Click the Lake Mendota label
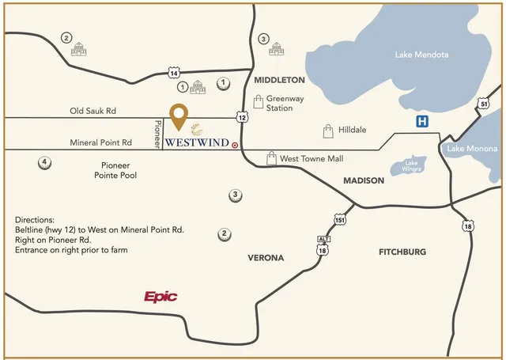[421, 55]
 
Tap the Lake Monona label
[471, 149]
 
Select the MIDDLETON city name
[279, 80]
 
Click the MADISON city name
[364, 180]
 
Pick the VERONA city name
[266, 258]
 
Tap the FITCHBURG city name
[402, 252]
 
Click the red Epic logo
[160, 297]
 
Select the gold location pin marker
[180, 117]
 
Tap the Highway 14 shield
[174, 73]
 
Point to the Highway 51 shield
[484, 104]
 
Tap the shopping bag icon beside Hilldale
[328, 130]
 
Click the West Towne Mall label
[312, 159]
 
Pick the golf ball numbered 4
[45, 163]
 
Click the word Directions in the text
[35, 219]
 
